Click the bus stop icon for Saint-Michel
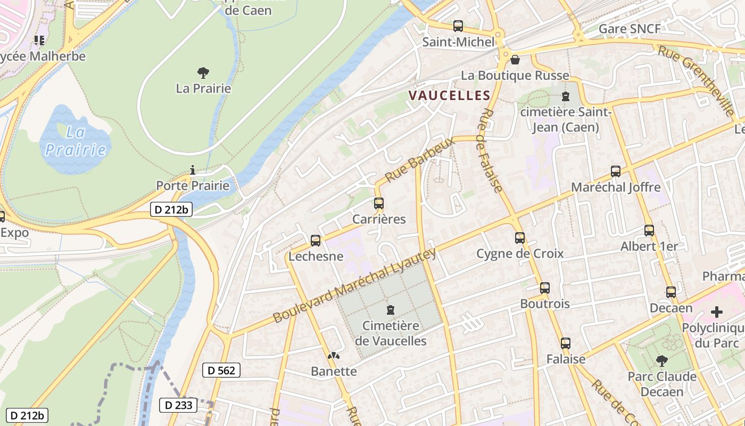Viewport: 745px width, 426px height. (458, 26)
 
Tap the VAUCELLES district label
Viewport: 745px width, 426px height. (449, 95)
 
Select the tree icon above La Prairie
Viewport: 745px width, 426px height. (203, 72)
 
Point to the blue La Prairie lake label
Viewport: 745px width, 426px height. (76, 141)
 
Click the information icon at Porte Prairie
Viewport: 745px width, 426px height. (193, 170)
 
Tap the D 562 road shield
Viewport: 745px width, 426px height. (221, 370)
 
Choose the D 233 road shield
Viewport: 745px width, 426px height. (178, 405)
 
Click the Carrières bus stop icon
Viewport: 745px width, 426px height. (379, 203)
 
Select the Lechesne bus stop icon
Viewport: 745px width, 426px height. (316, 240)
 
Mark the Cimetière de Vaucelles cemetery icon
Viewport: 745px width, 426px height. (391, 309)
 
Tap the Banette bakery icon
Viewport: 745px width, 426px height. (334, 356)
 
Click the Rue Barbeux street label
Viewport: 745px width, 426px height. (420, 159)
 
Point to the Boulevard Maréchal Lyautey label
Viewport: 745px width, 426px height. (354, 286)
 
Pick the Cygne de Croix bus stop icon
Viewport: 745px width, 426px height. (520, 237)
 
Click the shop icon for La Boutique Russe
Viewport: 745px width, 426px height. (515, 60)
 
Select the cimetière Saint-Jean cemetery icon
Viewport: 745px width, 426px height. (565, 97)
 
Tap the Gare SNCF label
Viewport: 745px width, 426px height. (630, 29)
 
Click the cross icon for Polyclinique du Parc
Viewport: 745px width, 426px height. (717, 312)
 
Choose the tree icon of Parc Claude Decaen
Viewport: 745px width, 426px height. (662, 361)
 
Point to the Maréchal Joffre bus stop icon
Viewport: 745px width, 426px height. (616, 171)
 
